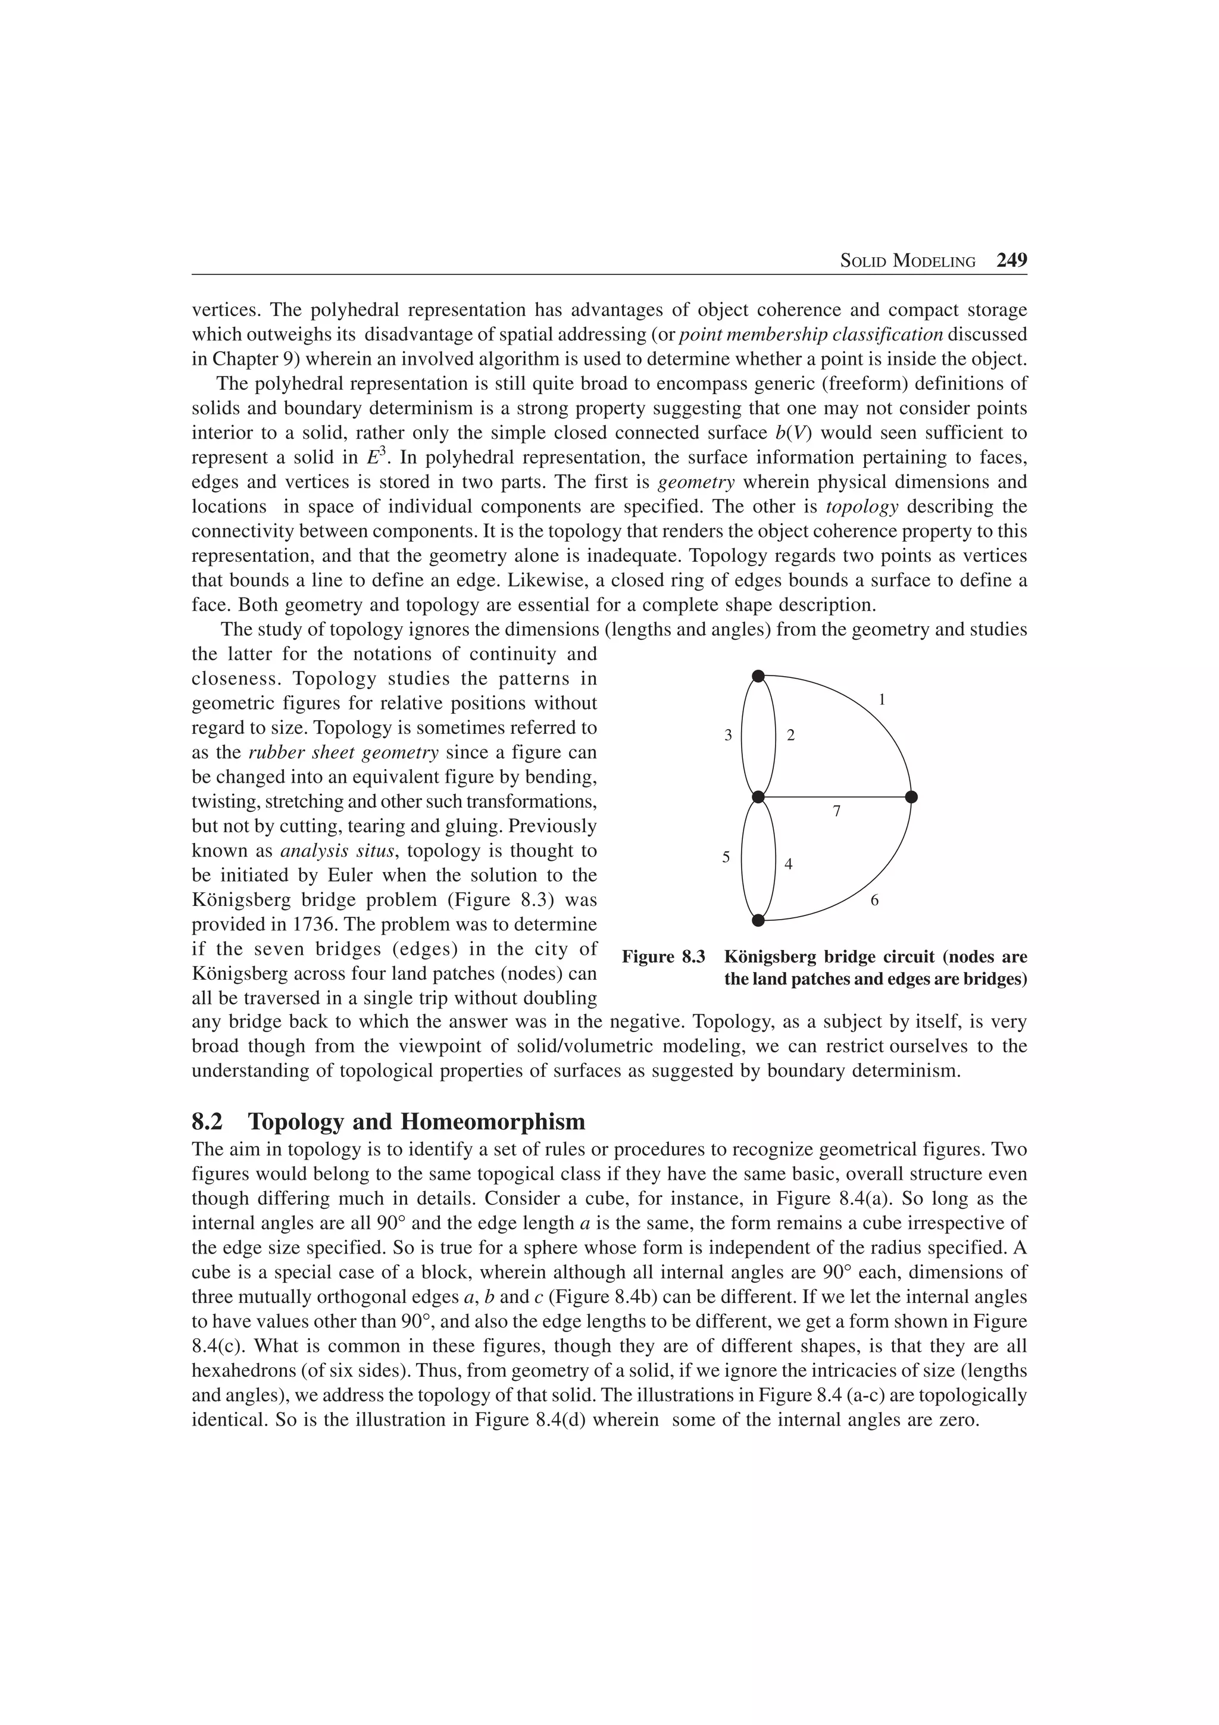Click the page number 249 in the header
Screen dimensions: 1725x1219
(x=1011, y=261)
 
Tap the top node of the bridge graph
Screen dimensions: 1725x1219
(x=758, y=676)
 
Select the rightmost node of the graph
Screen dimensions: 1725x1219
(x=911, y=796)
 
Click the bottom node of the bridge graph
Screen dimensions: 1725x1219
(x=758, y=920)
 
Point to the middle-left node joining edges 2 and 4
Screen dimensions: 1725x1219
(x=758, y=796)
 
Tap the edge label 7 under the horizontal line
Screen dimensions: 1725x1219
(x=837, y=811)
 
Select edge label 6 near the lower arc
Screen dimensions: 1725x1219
(x=874, y=900)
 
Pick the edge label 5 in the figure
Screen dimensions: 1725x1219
(x=726, y=857)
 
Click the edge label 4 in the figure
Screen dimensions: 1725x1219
(x=788, y=865)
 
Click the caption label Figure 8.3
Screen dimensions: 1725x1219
(x=663, y=957)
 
